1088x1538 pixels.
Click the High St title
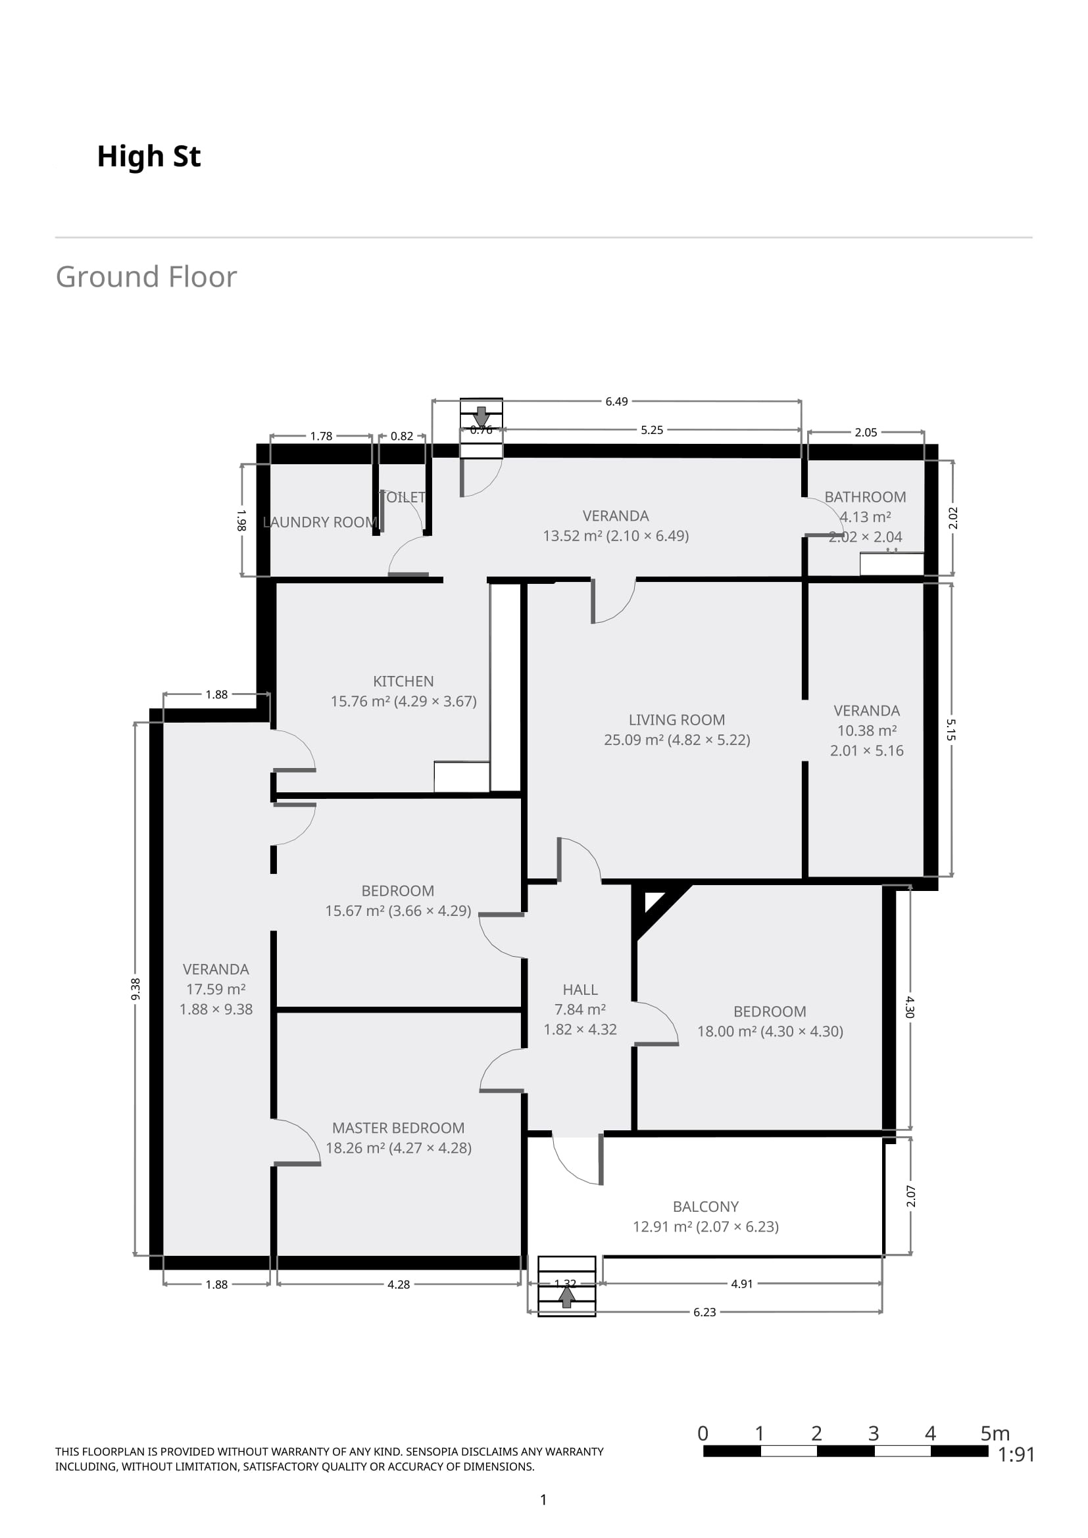(149, 156)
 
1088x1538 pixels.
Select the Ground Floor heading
(146, 277)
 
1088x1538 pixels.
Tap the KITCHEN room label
(403, 681)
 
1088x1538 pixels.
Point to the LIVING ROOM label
(677, 719)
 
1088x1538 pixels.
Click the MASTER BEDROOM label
(399, 1128)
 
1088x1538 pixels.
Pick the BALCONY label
(705, 1207)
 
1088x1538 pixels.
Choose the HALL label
(580, 990)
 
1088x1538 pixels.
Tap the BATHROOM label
(865, 497)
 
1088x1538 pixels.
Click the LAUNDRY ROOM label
(320, 522)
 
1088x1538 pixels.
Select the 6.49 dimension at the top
(616, 401)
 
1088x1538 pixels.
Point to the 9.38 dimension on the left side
(136, 989)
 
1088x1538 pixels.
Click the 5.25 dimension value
(652, 430)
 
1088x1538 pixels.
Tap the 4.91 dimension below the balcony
(741, 1284)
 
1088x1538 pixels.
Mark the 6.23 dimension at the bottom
(704, 1312)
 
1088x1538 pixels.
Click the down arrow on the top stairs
(481, 416)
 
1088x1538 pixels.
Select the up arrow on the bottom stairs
(567, 1297)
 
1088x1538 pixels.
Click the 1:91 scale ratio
(1016, 1454)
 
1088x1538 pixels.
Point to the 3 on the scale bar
(873, 1433)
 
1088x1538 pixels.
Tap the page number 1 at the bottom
(543, 1500)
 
